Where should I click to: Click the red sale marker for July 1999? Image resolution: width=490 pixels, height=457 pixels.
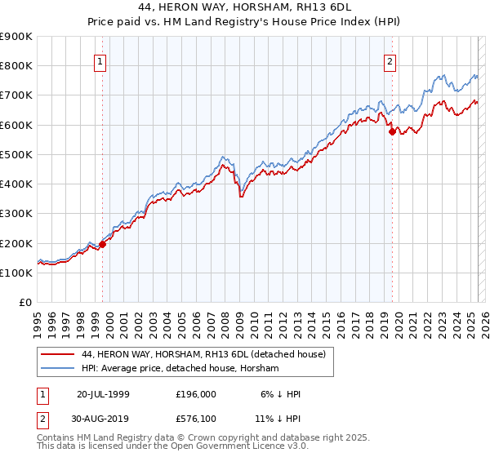(x=103, y=244)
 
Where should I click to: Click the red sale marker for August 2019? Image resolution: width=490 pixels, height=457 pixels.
(x=392, y=131)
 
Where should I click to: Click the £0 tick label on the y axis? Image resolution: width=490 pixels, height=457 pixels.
(x=25, y=303)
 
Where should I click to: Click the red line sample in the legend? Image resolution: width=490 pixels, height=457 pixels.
(x=57, y=354)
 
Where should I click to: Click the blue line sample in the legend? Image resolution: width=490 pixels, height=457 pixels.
(x=57, y=369)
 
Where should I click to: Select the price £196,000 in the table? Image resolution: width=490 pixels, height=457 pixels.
(x=195, y=394)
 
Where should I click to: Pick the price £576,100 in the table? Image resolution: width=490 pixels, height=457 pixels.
(x=195, y=420)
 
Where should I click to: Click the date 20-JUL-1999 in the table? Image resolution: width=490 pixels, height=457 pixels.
(x=103, y=394)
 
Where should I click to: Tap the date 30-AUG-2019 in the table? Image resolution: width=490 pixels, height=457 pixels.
(x=103, y=420)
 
